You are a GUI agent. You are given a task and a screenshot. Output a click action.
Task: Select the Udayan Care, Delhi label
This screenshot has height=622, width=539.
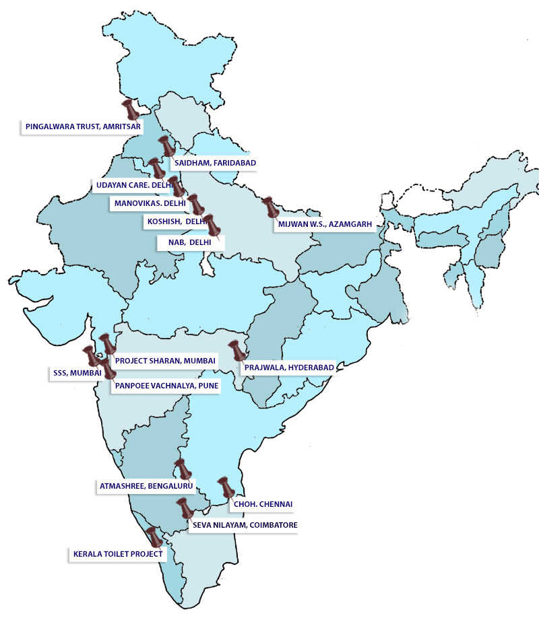[x=132, y=184]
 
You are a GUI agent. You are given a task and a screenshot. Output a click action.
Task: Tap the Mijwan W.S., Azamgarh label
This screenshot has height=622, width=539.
[x=323, y=224]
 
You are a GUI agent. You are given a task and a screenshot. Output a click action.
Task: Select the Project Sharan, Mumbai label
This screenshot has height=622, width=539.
[x=165, y=360]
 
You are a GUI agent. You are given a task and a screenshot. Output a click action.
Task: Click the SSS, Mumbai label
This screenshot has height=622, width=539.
[x=77, y=372]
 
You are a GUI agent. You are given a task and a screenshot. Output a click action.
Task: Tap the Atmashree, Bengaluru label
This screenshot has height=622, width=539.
[x=146, y=485]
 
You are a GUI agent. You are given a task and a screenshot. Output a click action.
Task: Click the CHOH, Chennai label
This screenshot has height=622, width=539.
[x=263, y=504]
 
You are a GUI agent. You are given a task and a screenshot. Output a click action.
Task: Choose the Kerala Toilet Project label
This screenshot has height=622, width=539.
[x=117, y=554]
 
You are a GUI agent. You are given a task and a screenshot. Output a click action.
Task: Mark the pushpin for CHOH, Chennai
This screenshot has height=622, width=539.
[x=225, y=488]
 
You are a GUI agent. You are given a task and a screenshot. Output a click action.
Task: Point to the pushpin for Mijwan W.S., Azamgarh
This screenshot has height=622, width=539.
[x=270, y=207]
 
